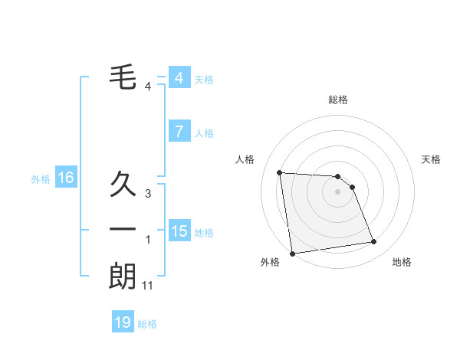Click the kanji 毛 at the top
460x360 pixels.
point(123,77)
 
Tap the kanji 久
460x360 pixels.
point(123,186)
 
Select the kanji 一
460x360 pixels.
point(123,229)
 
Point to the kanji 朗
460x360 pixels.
point(123,276)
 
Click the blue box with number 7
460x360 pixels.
point(179,132)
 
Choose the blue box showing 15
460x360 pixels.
point(179,231)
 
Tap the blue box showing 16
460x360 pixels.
point(66,178)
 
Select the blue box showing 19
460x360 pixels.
point(123,322)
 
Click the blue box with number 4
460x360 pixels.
point(179,78)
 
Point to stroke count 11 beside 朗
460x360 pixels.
point(148,286)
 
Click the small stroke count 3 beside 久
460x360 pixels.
point(148,194)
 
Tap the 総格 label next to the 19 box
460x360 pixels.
point(147,324)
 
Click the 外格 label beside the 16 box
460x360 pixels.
point(41,179)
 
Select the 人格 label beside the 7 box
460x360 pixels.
point(204,133)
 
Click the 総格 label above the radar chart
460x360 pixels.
point(338,100)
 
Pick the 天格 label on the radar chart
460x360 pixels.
point(432,159)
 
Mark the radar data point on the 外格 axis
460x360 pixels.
point(292,254)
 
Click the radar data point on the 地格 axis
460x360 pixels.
point(374,242)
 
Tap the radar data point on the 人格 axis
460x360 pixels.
point(280,172)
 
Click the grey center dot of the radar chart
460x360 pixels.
point(338,192)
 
